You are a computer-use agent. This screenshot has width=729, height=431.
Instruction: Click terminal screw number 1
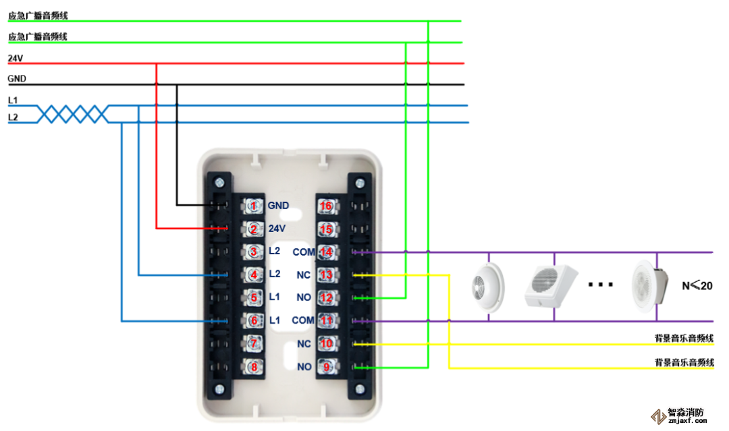(x=254, y=206)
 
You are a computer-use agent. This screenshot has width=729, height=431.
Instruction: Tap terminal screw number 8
(x=254, y=367)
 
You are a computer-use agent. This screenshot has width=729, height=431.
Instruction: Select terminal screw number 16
(x=327, y=206)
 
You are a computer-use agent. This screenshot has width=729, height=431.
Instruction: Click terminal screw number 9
(x=327, y=367)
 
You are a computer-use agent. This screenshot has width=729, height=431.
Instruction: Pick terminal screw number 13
(x=327, y=275)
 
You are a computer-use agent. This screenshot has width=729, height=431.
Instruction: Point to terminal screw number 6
(x=254, y=321)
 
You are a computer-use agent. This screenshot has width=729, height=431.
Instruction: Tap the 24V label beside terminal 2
(x=277, y=229)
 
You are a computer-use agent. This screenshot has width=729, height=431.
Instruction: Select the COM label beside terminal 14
(x=303, y=252)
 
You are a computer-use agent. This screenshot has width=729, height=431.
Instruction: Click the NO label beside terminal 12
(x=304, y=297)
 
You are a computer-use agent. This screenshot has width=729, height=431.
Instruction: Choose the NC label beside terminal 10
(x=304, y=344)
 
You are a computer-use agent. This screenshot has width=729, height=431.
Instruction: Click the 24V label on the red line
(x=15, y=58)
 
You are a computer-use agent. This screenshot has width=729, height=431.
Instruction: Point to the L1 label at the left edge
(x=13, y=100)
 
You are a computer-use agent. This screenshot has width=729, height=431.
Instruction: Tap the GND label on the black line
(x=17, y=79)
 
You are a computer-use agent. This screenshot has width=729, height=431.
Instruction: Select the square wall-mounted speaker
(x=550, y=285)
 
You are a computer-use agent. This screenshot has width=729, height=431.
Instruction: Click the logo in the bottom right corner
(x=678, y=415)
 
